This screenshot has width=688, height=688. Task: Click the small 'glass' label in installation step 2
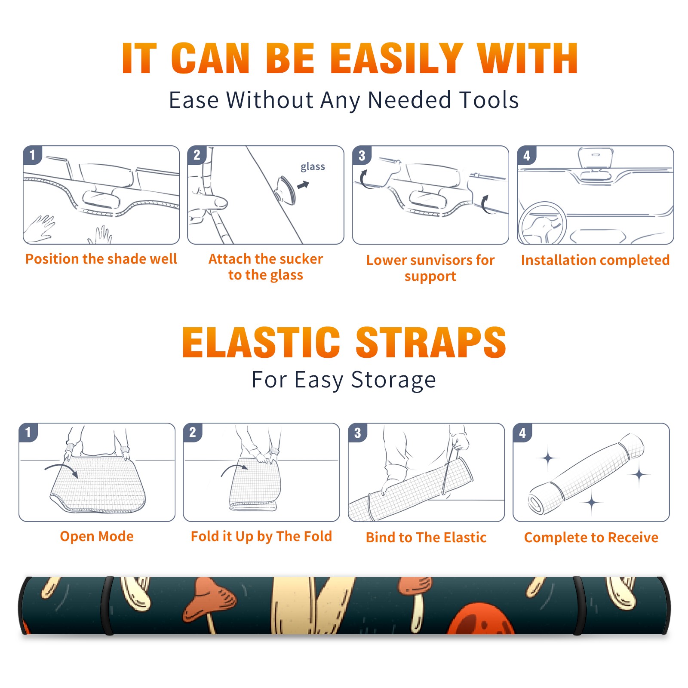coord(313,167)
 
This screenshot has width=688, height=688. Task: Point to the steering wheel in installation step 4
coord(542,223)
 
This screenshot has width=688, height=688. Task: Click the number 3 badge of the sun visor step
coord(362,155)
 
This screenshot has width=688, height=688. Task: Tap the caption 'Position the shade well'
coord(101,259)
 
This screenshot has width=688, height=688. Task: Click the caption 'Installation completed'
coord(595,260)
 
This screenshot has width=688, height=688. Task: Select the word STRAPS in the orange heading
coord(431,342)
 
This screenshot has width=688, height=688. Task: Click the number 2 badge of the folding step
coord(193,432)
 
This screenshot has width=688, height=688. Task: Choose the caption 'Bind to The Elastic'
coord(426,537)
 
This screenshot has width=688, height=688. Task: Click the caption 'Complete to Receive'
coord(591,537)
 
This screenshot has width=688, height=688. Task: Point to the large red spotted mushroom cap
coord(482,619)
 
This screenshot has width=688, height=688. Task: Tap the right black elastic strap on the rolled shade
coord(579,605)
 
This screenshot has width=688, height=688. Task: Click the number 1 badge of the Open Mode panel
coord(28,432)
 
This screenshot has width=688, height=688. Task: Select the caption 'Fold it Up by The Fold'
coord(261,536)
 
